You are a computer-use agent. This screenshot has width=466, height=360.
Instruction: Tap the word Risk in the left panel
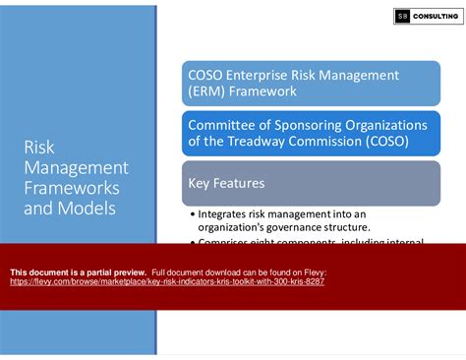click(40, 147)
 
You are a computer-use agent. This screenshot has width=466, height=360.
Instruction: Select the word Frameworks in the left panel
click(72, 187)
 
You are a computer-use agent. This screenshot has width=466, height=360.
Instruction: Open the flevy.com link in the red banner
click(167, 281)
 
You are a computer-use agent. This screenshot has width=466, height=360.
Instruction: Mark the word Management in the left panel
click(76, 167)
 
